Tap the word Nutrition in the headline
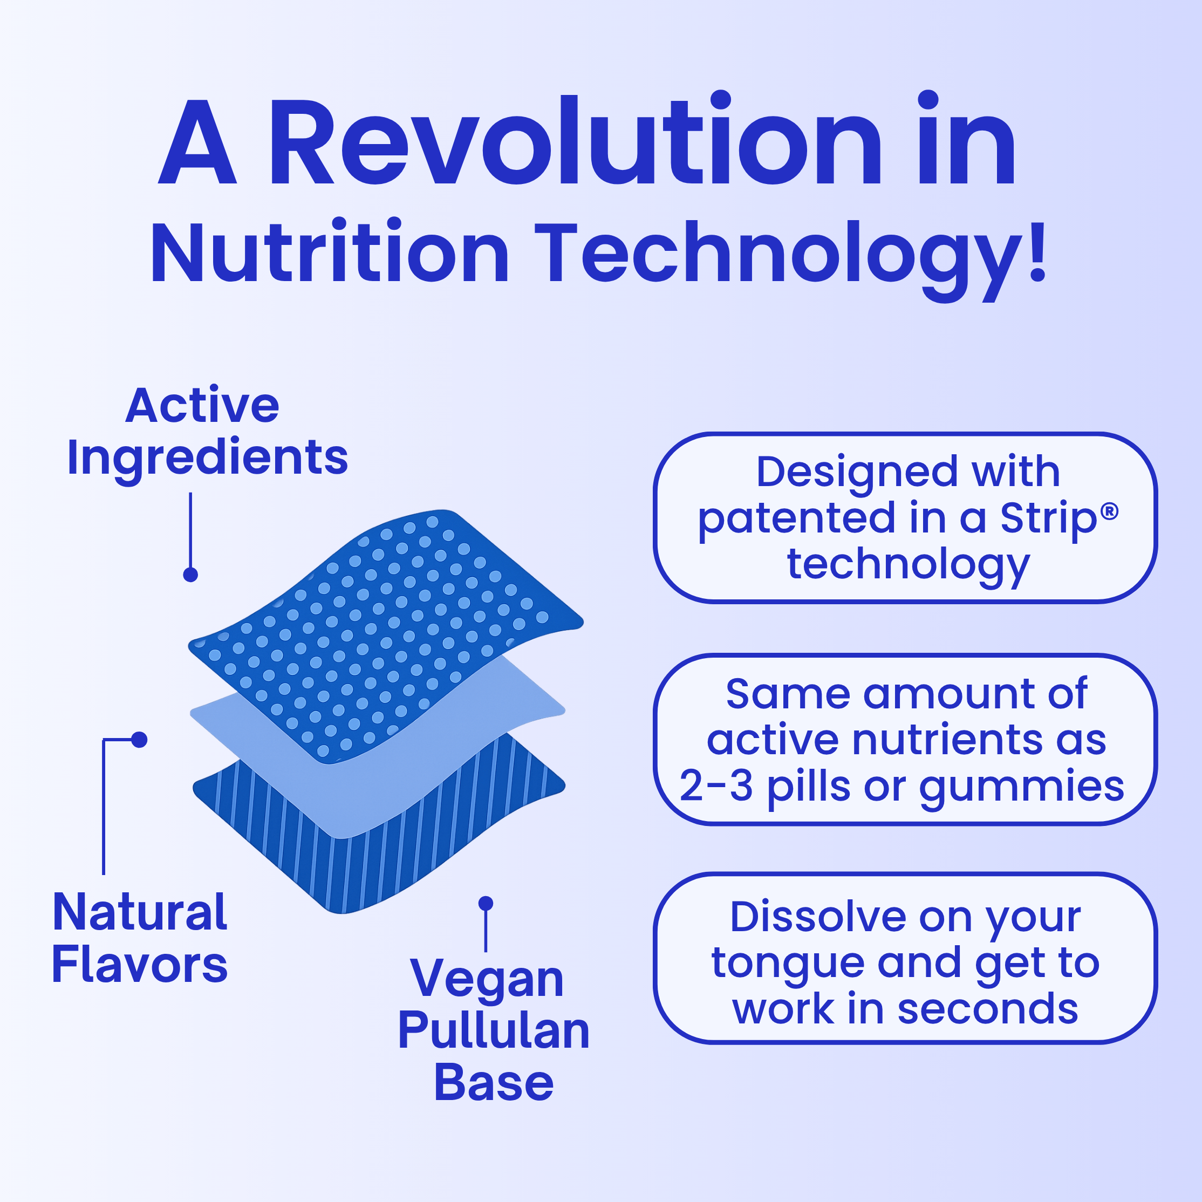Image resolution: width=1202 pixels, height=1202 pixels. (330, 252)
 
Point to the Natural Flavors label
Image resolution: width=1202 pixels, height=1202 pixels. (140, 938)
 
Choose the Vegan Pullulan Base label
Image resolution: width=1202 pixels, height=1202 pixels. (493, 1030)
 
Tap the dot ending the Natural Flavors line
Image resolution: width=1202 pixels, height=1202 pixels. (139, 740)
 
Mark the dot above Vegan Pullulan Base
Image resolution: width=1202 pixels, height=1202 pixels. (486, 903)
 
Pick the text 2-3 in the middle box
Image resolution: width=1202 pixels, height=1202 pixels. (716, 785)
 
